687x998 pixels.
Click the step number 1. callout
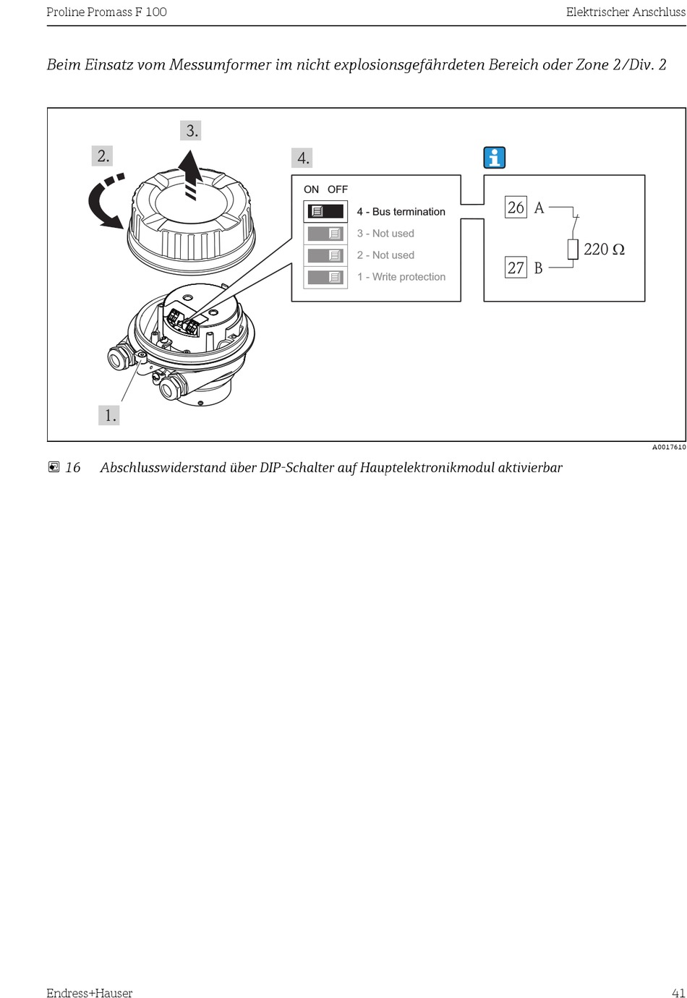(x=109, y=415)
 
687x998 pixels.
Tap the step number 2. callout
(x=103, y=155)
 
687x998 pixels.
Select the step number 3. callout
(x=191, y=131)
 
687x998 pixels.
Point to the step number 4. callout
(x=303, y=158)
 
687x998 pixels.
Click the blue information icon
(x=494, y=158)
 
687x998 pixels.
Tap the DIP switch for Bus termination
(x=325, y=211)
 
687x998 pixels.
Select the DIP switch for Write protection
(x=325, y=277)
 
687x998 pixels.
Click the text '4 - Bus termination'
(x=401, y=212)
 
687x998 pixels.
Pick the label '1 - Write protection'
(x=401, y=277)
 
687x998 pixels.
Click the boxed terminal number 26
(x=516, y=208)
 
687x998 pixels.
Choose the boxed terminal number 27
(x=516, y=268)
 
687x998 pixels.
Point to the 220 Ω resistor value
(x=604, y=249)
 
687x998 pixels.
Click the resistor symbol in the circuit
(x=573, y=249)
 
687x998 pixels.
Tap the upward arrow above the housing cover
(x=190, y=174)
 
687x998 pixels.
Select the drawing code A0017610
(x=668, y=448)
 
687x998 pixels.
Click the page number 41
(x=678, y=993)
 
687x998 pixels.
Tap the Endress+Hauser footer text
(x=90, y=993)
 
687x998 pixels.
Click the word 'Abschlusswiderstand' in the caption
(x=163, y=468)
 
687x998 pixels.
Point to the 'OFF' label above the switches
(x=338, y=189)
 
